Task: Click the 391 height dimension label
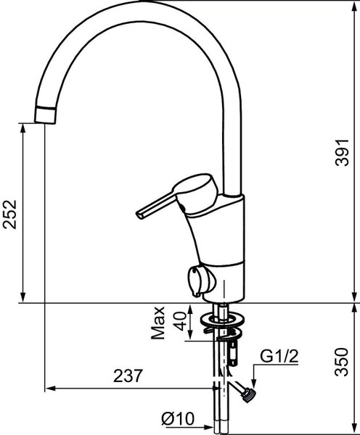(x=342, y=152)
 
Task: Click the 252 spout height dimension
(x=10, y=214)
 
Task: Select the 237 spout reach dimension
(x=128, y=376)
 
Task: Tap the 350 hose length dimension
(x=342, y=362)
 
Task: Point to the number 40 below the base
(x=180, y=321)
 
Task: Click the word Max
(x=157, y=323)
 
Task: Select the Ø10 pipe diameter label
(x=178, y=418)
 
